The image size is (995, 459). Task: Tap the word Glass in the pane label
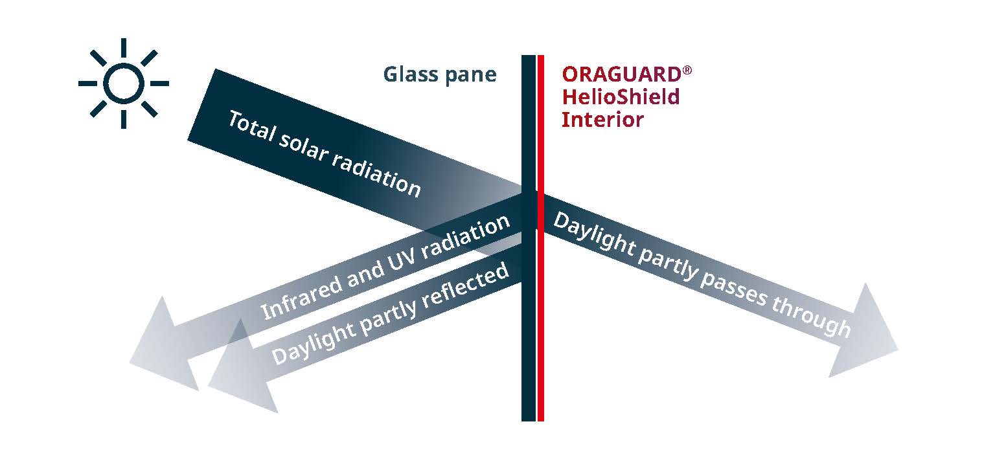point(411,74)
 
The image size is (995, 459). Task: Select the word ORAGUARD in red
point(621,74)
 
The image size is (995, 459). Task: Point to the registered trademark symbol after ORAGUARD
point(687,70)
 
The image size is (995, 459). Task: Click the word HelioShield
point(621,96)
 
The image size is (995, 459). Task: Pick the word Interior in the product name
point(602,120)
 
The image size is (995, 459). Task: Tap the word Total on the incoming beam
point(252,126)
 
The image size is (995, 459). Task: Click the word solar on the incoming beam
point(304,147)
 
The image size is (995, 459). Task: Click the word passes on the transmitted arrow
point(733,287)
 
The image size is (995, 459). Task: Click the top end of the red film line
point(541,56)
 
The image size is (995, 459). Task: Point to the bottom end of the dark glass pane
point(529,421)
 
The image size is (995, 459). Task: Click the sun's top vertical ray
point(124,48)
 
